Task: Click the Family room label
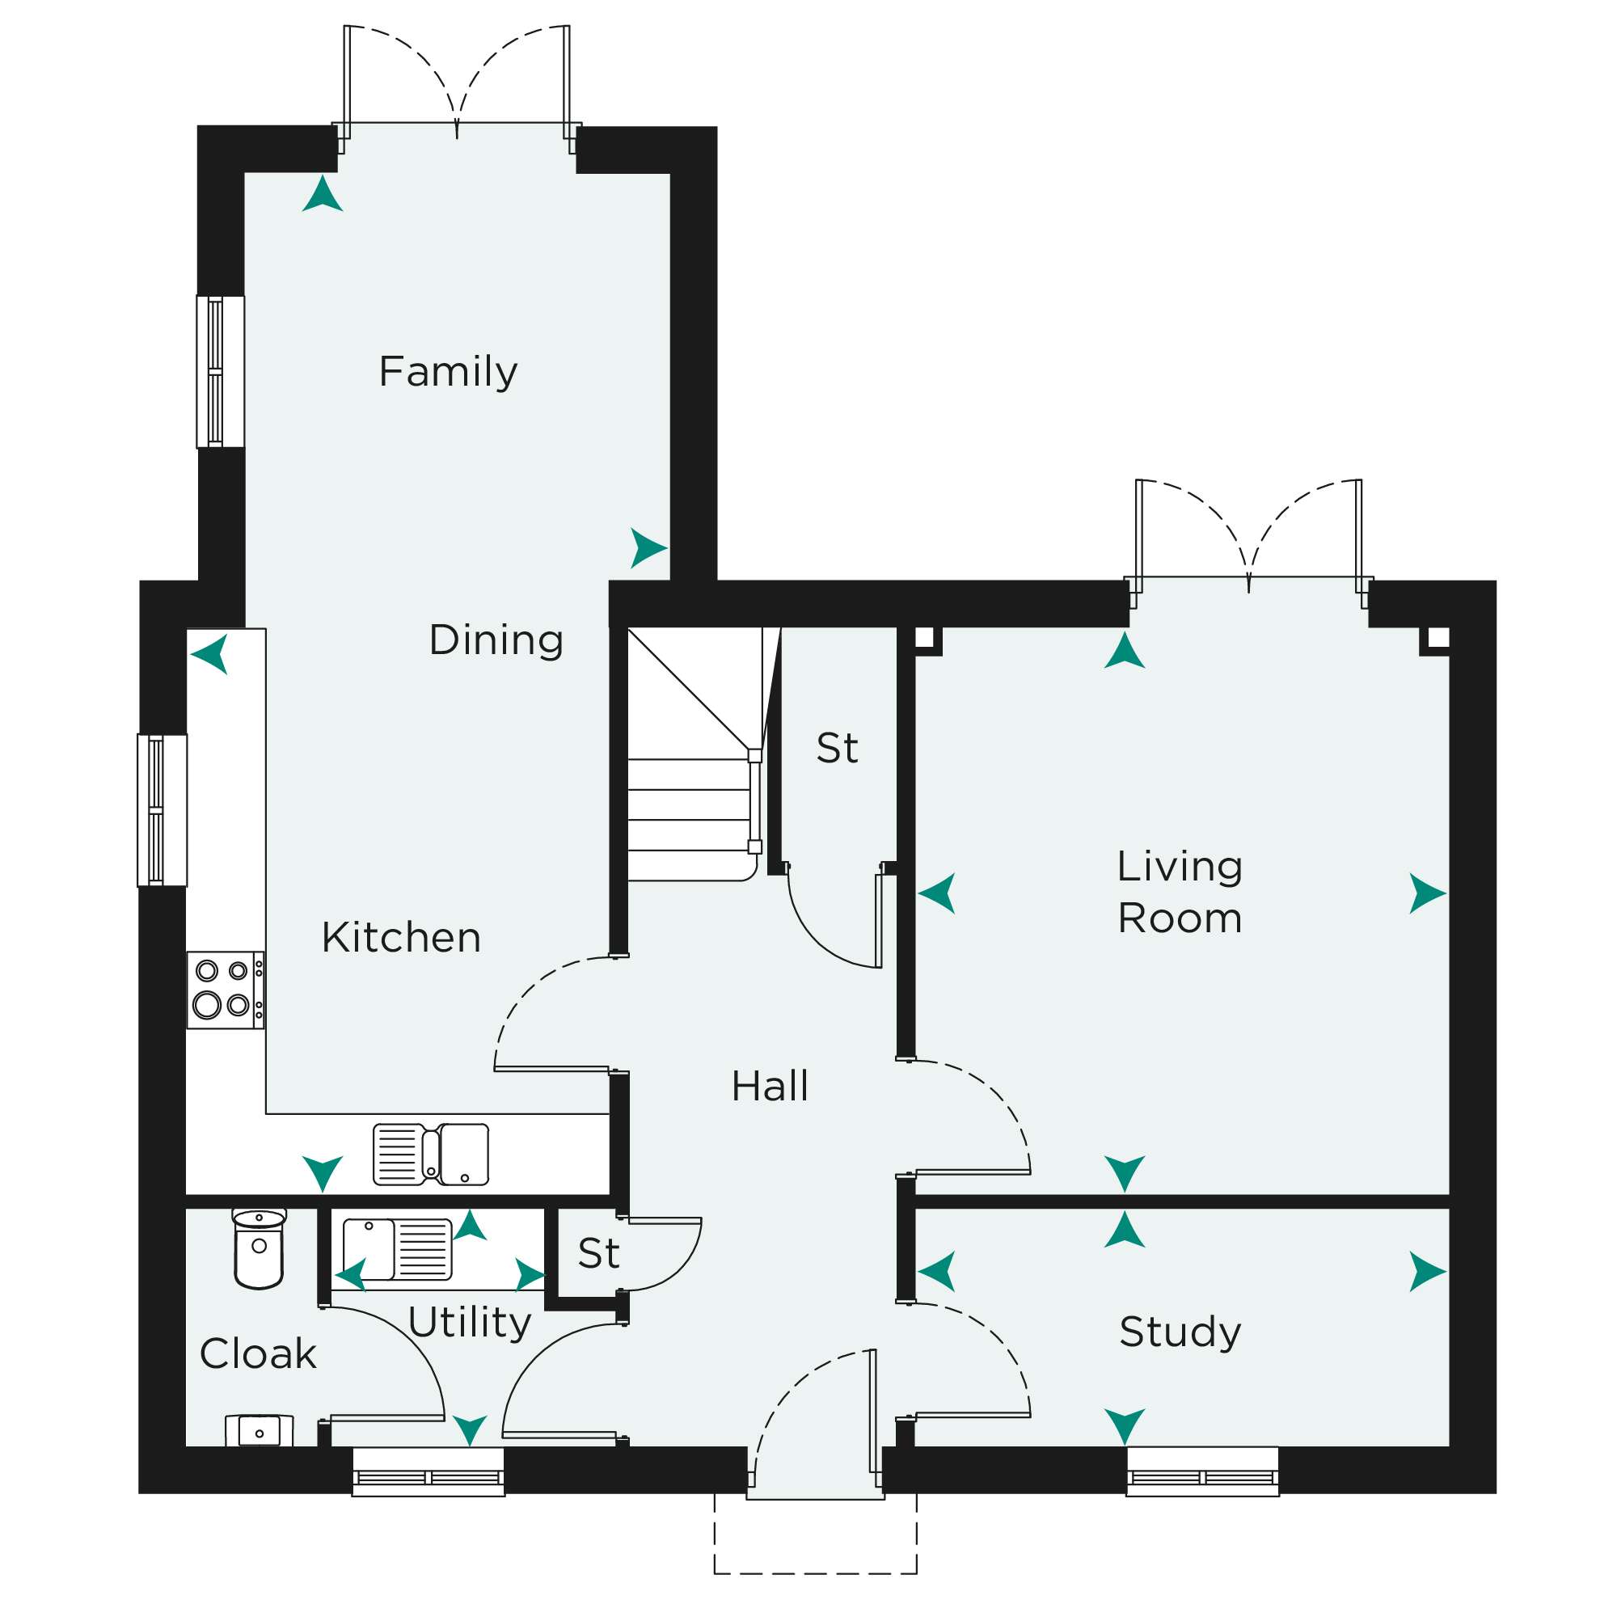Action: (448, 373)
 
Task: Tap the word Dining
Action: (496, 641)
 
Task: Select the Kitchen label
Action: (401, 937)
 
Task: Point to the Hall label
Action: (770, 1087)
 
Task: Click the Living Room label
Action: (1180, 893)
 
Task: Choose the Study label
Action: (1180, 1332)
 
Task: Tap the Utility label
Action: (470, 1324)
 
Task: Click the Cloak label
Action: (258, 1354)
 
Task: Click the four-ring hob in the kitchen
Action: (225, 990)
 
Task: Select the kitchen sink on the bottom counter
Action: (431, 1155)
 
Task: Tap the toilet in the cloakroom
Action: (260, 1249)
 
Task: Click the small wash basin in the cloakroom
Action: (260, 1430)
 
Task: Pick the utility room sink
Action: (398, 1250)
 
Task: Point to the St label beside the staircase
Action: (837, 748)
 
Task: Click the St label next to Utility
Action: (598, 1254)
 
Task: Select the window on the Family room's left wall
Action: (221, 372)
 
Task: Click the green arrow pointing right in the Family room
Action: (648, 548)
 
